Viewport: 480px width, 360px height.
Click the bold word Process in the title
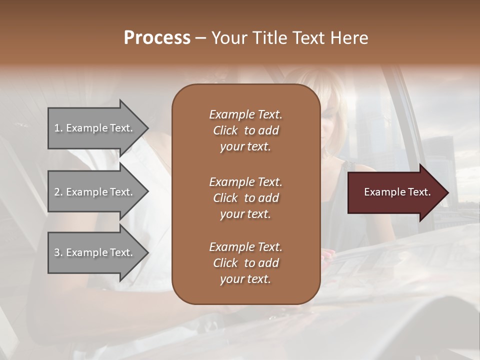tap(157, 38)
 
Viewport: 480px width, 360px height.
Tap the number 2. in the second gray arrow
tap(58, 192)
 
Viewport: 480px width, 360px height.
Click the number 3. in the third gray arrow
tap(58, 252)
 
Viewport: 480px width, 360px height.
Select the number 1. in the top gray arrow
tap(58, 128)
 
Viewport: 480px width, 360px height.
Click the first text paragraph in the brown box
tap(245, 130)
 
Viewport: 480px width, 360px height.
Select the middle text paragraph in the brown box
tap(245, 197)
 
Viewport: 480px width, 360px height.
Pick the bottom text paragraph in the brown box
tap(245, 263)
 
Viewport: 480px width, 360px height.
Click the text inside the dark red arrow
tap(397, 192)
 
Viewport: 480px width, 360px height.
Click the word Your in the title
tap(227, 38)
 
